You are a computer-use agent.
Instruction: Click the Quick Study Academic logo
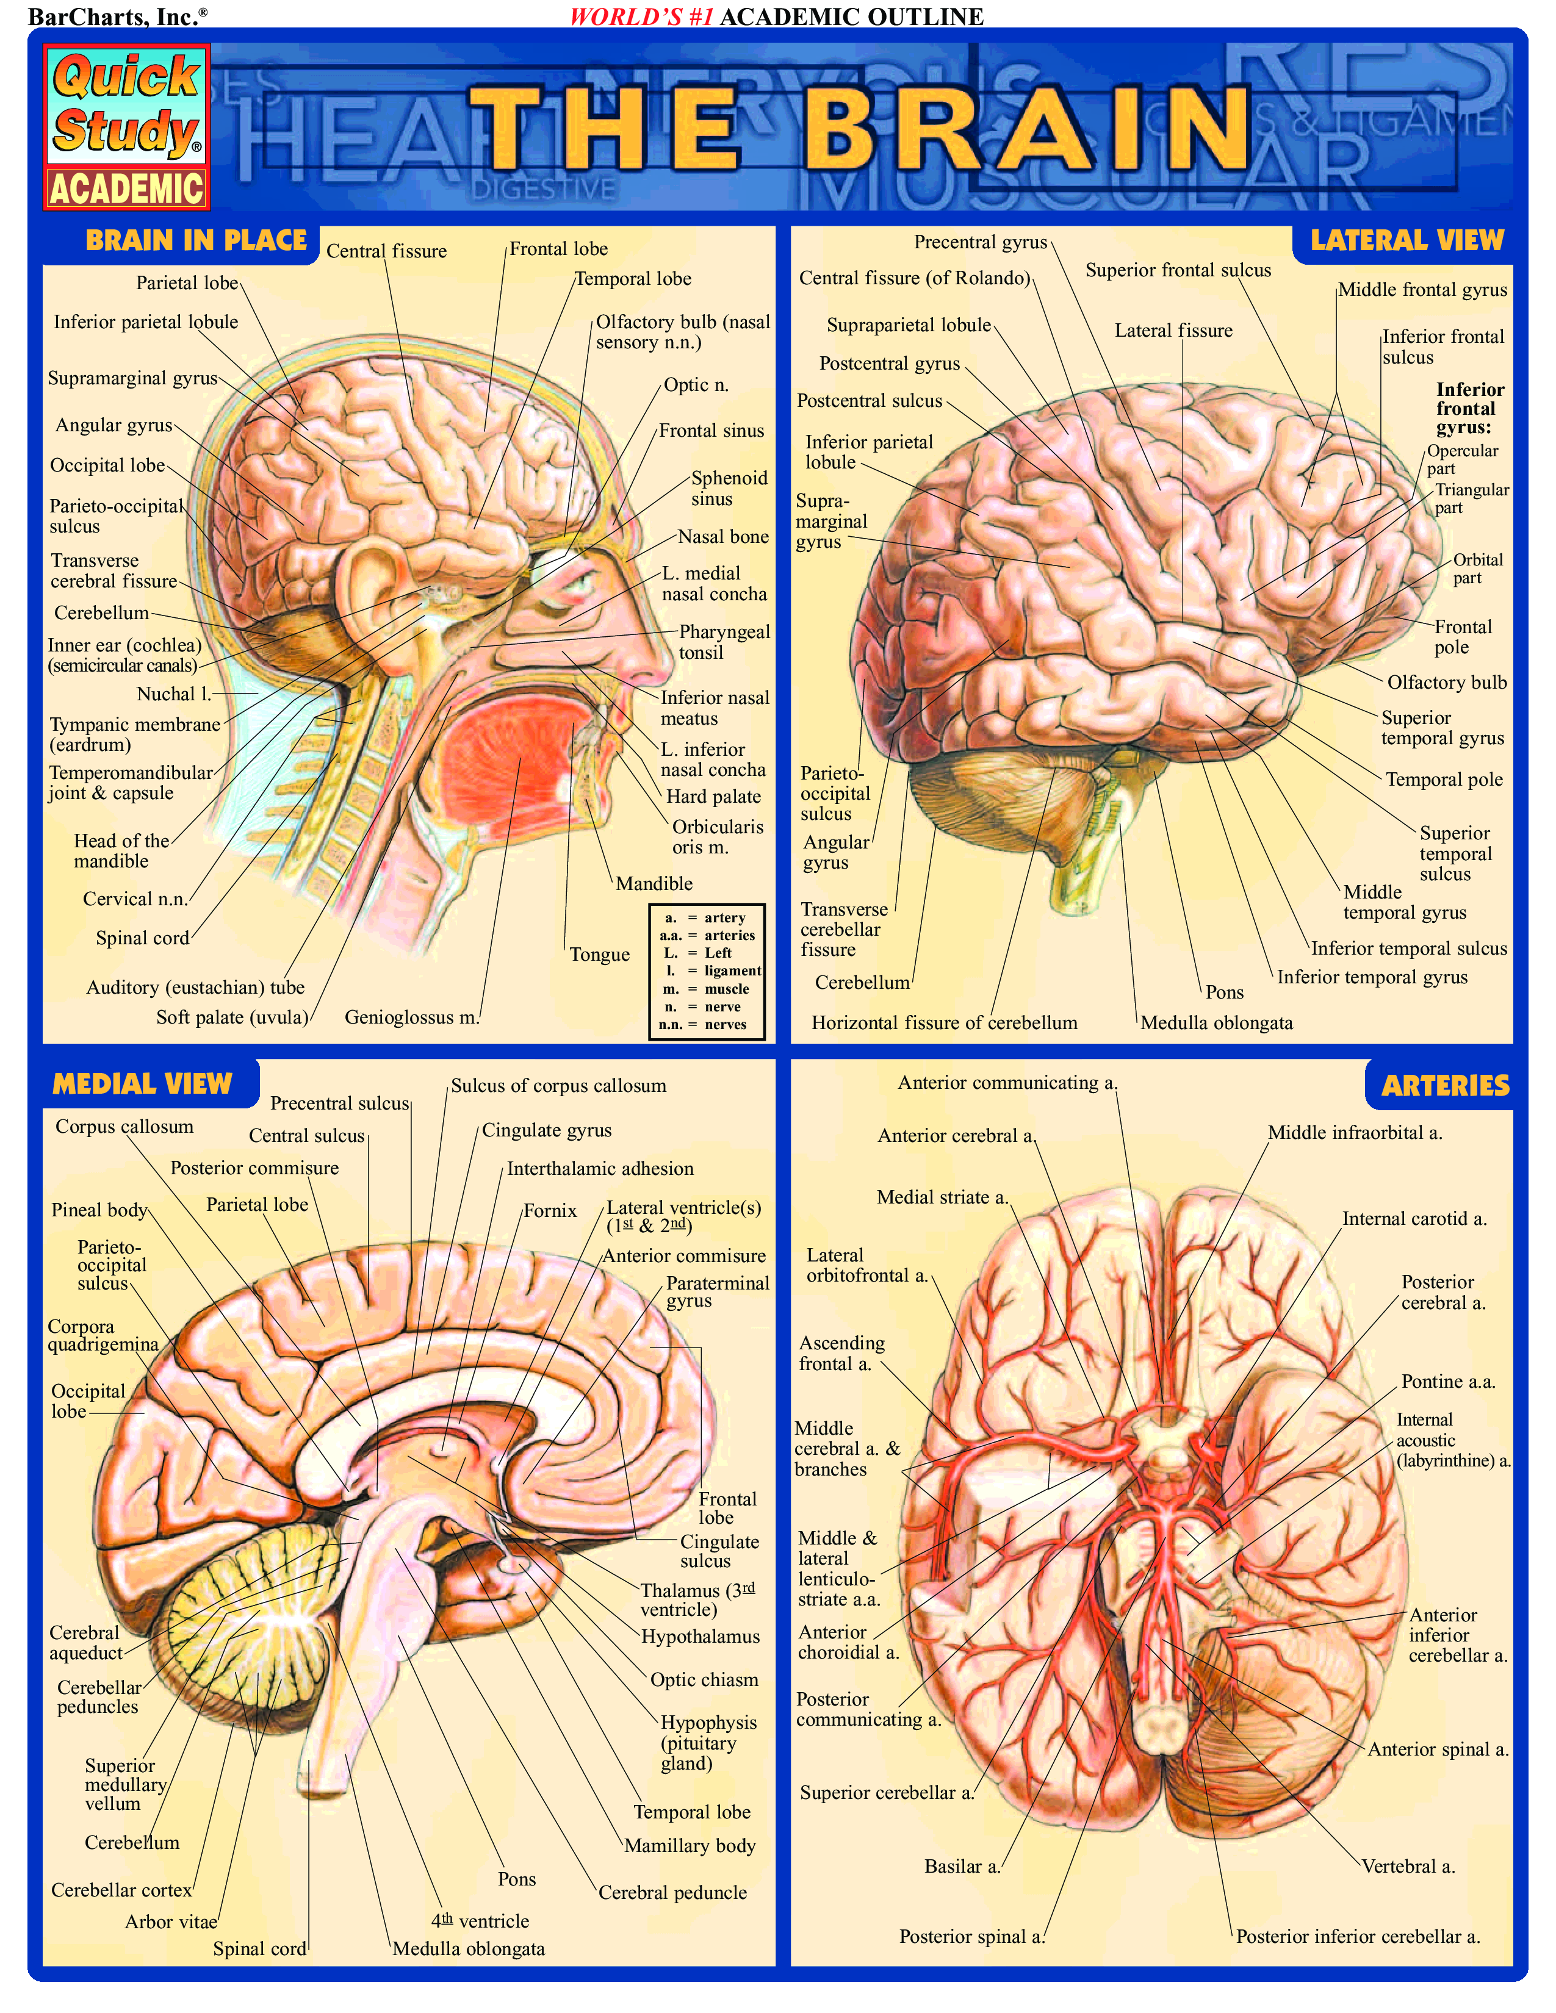point(127,128)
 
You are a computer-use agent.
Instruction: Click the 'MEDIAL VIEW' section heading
point(142,1084)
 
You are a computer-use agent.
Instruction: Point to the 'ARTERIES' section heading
point(1444,1086)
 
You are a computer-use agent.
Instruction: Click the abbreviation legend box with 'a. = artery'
point(707,972)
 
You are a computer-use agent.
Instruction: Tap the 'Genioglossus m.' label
point(411,1017)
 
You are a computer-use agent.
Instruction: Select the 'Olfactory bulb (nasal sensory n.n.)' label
point(682,332)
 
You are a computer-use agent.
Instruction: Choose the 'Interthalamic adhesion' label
point(600,1169)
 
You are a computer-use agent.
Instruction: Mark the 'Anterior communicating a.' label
point(1007,1083)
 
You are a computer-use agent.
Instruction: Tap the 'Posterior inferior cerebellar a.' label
point(1357,1937)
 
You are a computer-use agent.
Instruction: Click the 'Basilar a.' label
point(962,1867)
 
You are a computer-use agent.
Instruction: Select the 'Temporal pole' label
point(1444,780)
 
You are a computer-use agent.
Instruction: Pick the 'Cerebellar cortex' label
point(121,1890)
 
